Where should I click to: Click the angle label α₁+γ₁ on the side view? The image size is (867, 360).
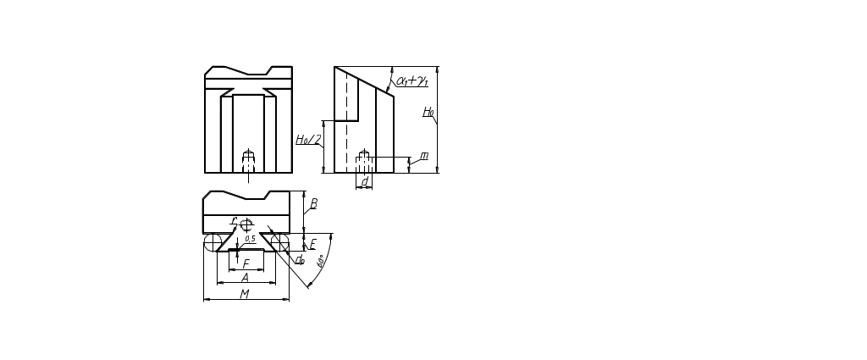click(413, 81)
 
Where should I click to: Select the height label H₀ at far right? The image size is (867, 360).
click(428, 112)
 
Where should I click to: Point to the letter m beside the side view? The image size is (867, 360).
click(424, 157)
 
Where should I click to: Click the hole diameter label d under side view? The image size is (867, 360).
click(365, 180)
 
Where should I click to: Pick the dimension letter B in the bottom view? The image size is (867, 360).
click(313, 204)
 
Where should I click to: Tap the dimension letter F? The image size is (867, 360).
click(246, 263)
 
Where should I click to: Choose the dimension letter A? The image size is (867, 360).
click(246, 277)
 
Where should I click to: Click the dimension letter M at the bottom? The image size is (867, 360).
click(245, 294)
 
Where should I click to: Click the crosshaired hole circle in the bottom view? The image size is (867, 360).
click(246, 223)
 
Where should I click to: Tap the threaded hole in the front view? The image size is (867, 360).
click(247, 160)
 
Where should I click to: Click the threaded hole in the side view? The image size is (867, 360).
click(364, 158)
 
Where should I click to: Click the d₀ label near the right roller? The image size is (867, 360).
click(298, 260)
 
